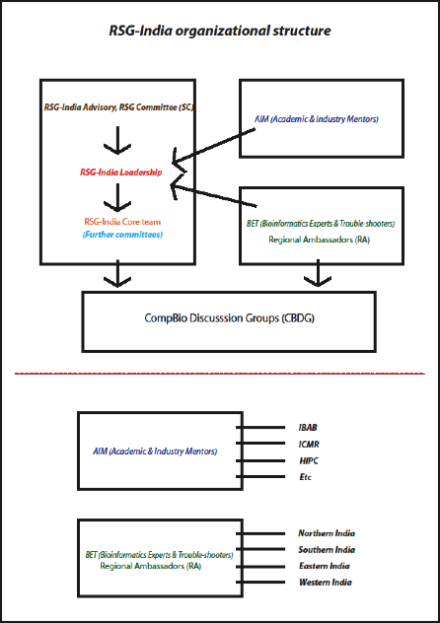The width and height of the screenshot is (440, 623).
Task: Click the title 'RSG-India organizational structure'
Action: coord(220,31)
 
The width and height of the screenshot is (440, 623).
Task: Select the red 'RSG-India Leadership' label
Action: coord(120,173)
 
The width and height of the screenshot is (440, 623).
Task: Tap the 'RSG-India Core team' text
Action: coord(122,222)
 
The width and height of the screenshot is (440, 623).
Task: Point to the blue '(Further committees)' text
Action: coord(122,235)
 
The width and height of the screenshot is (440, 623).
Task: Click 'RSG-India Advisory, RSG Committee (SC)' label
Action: coord(118,107)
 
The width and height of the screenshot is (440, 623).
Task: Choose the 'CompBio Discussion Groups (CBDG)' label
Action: coord(229,318)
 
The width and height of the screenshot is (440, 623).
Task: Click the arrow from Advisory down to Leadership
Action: coord(117,140)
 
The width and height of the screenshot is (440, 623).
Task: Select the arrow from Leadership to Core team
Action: coord(117,197)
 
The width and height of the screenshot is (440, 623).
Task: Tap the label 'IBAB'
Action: coord(308,428)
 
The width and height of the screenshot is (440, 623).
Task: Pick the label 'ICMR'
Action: coord(309,445)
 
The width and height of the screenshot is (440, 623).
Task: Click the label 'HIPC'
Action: coord(309,461)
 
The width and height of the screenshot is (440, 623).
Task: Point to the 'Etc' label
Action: coord(305,477)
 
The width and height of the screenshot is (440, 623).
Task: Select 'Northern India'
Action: coord(327,533)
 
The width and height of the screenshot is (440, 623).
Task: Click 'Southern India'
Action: coord(327,549)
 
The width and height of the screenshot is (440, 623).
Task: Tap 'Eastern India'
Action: coord(325,566)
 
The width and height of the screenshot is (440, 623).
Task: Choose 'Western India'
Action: coord(326,583)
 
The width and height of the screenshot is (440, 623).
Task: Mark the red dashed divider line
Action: coord(220,374)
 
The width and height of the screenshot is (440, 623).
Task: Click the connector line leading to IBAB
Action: coord(260,428)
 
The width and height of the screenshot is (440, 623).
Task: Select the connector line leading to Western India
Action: coord(260,583)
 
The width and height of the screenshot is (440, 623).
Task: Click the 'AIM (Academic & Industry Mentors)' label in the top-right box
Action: coord(317,119)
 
